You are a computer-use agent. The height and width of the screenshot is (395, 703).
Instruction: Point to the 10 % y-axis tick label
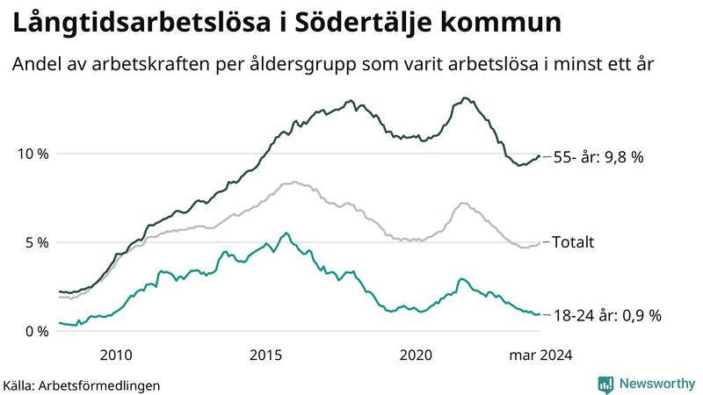(x=33, y=154)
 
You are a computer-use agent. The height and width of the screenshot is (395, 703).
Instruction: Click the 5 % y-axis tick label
(x=37, y=242)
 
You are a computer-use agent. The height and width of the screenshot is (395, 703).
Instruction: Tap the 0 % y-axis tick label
(x=37, y=331)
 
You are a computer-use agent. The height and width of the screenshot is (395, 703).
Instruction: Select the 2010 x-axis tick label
(x=116, y=355)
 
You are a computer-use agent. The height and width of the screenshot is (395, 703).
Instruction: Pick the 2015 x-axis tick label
(x=266, y=355)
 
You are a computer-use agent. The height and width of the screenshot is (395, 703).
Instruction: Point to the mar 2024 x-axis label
(x=540, y=355)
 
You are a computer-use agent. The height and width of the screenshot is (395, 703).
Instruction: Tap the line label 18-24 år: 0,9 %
(x=606, y=315)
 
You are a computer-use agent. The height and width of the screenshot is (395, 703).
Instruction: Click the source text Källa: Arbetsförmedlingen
(x=82, y=384)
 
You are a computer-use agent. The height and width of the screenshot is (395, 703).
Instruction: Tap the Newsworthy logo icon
(x=605, y=384)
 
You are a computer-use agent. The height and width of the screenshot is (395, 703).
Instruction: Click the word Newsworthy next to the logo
(x=656, y=384)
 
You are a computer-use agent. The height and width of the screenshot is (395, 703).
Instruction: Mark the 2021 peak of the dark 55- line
(x=465, y=97)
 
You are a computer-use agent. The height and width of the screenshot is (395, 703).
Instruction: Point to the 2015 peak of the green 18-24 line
(x=286, y=233)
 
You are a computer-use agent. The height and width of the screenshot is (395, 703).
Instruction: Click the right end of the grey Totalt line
(x=539, y=243)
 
